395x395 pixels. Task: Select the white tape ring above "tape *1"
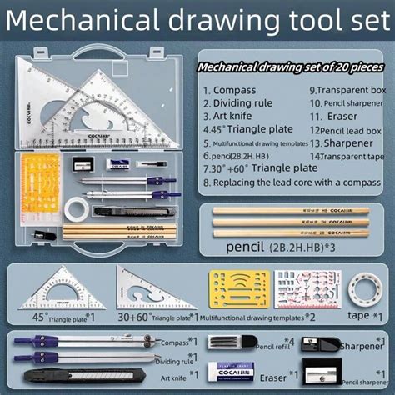[x=364, y=288]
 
